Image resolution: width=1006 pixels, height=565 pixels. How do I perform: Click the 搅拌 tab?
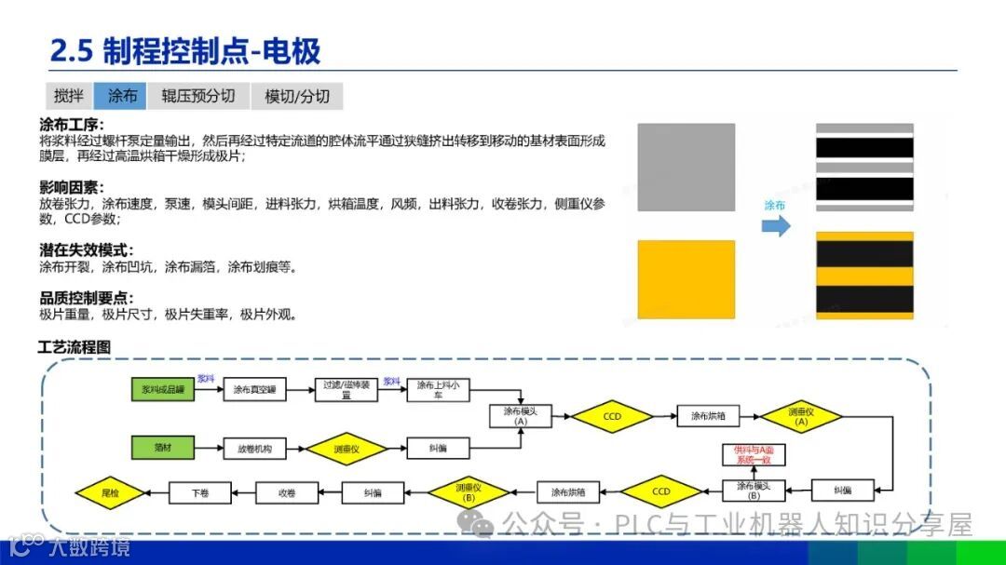(x=69, y=96)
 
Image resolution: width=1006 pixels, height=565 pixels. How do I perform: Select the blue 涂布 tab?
(x=122, y=96)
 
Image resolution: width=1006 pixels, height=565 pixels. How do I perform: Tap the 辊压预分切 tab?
(x=197, y=96)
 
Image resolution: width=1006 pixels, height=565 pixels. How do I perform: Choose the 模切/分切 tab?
(x=297, y=96)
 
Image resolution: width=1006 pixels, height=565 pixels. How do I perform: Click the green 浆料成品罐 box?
(x=163, y=390)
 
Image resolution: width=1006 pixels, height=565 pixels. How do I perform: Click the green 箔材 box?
(x=163, y=448)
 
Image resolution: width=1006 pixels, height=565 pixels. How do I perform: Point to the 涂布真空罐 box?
(x=254, y=390)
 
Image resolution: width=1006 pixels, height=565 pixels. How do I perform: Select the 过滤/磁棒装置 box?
(x=346, y=390)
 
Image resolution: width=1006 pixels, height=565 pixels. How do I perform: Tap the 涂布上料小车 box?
(x=438, y=390)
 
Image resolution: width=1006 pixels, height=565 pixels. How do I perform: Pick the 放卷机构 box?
(x=254, y=449)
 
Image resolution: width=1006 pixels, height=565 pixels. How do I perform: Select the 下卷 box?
(x=199, y=491)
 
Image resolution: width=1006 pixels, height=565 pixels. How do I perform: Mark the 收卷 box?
(x=287, y=491)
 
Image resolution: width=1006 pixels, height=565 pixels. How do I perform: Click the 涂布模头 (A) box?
(x=521, y=415)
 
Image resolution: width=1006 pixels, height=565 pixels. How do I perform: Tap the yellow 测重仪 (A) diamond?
(x=801, y=416)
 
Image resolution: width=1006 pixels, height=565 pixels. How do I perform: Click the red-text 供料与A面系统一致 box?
(x=754, y=455)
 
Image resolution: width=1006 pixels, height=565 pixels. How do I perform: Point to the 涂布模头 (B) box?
(x=754, y=490)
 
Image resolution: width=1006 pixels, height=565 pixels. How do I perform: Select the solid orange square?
(x=686, y=278)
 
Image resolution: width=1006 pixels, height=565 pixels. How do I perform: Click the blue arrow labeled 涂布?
(x=775, y=224)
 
